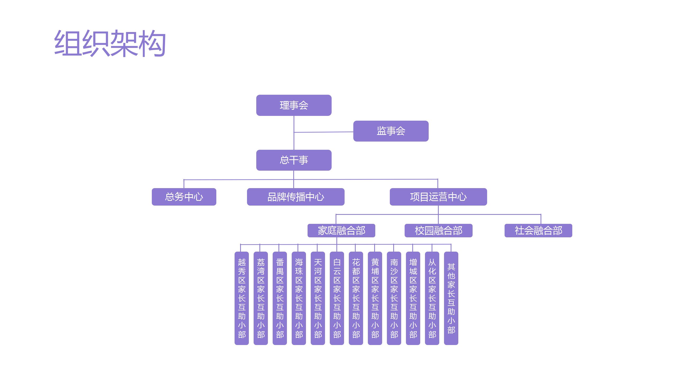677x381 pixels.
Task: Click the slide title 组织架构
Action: point(110,43)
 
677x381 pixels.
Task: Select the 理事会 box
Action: point(294,105)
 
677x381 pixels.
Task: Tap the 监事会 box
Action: point(391,131)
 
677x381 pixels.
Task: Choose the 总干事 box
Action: point(294,160)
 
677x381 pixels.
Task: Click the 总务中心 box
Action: point(184,197)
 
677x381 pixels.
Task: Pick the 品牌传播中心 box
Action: point(295,197)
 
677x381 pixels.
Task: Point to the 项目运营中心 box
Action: point(438,197)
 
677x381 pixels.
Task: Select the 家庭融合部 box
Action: point(341,230)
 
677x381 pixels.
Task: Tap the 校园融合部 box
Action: point(438,230)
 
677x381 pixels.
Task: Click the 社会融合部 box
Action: point(538,230)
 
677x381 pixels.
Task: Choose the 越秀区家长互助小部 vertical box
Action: point(242,298)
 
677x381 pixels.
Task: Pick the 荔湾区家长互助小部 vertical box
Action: point(261,298)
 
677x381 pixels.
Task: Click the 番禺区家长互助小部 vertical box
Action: point(280,298)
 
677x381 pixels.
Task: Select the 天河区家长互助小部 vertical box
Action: point(318,298)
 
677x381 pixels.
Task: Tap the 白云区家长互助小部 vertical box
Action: point(337,298)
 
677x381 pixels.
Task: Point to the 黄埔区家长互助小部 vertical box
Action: point(375,298)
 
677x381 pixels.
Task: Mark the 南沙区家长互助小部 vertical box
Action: point(394,298)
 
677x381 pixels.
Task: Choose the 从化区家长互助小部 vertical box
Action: point(432,298)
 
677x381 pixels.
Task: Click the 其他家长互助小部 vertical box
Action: point(451,298)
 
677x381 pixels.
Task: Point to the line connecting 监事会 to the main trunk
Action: point(324,132)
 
